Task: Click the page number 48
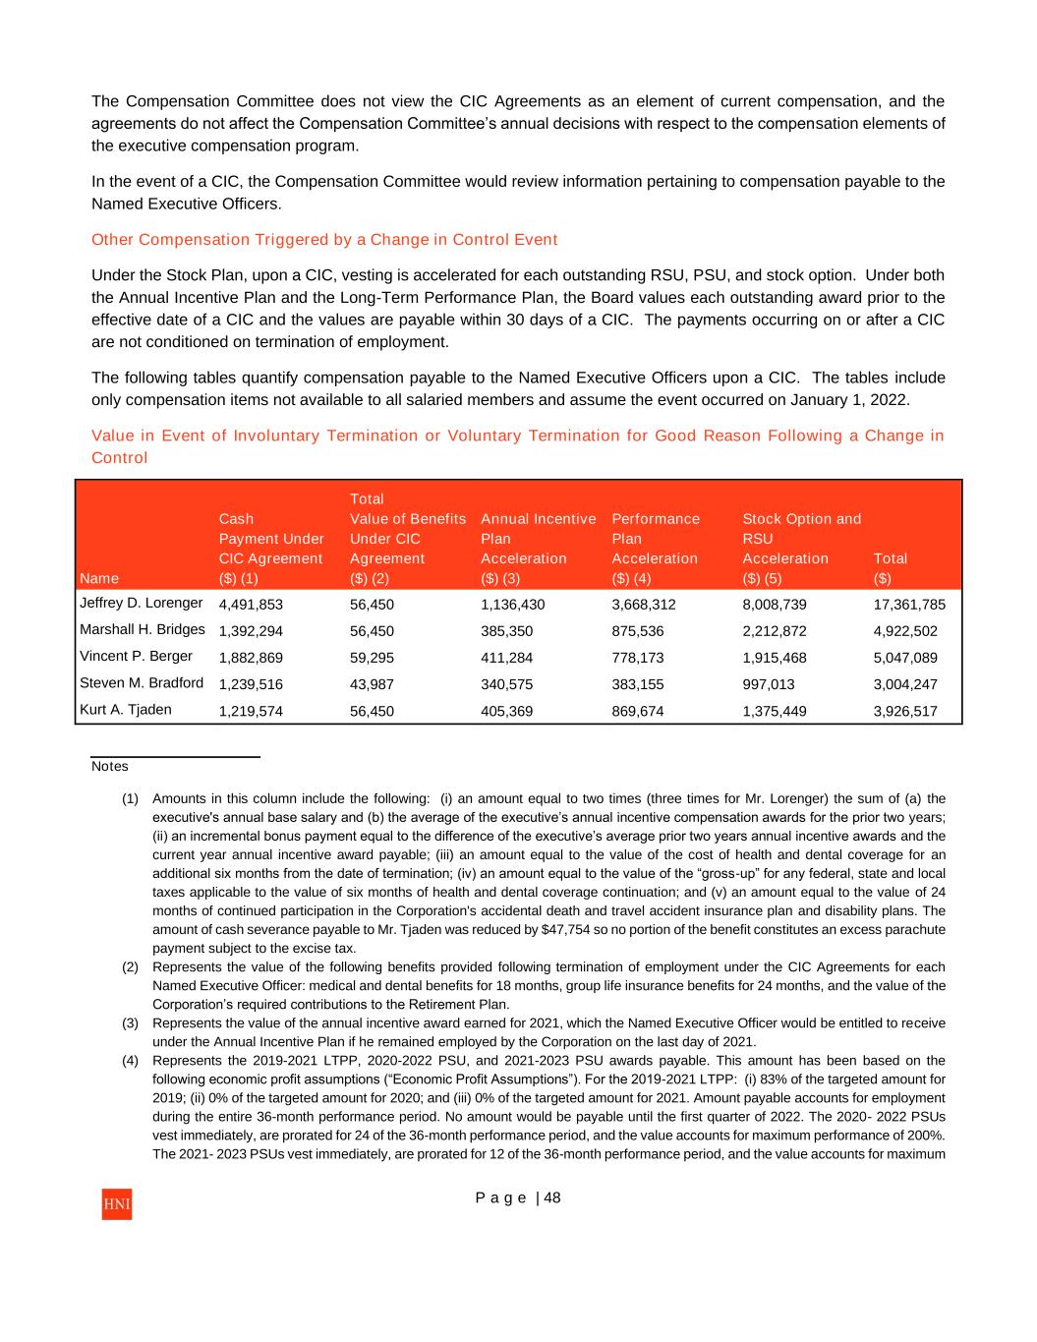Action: (551, 1197)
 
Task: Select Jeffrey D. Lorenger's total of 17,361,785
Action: (909, 605)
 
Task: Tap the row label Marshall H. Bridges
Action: (142, 629)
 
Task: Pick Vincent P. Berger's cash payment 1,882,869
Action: (251, 658)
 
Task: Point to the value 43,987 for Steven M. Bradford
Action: (372, 684)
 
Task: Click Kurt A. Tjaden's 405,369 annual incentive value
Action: (506, 711)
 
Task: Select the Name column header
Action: (98, 578)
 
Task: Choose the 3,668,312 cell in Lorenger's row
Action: (643, 605)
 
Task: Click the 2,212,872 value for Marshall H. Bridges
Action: (775, 631)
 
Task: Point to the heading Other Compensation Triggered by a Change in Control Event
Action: (324, 240)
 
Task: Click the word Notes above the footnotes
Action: (109, 766)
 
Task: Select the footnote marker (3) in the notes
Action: (131, 1023)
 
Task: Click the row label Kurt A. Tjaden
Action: (125, 709)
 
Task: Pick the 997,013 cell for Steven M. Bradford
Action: (768, 684)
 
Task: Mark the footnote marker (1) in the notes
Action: (131, 799)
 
